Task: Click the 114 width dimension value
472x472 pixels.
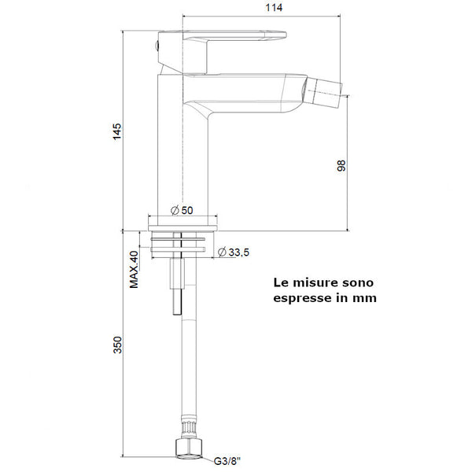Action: tap(272, 7)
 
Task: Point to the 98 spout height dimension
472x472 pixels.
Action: tap(341, 166)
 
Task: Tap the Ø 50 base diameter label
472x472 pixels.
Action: tap(182, 210)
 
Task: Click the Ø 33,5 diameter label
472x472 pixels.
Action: tap(233, 252)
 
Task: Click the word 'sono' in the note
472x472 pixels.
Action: tap(360, 282)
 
